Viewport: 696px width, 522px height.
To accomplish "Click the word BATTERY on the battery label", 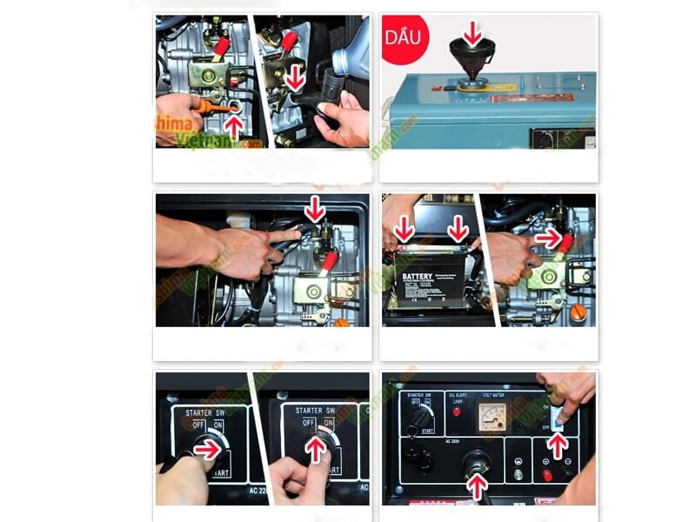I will [418, 278].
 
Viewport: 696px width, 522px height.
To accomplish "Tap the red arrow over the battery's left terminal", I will [405, 230].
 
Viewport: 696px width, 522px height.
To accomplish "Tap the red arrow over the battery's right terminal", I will [458, 230].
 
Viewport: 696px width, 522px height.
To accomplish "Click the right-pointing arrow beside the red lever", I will [548, 237].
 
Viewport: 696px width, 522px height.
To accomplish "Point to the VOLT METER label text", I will [495, 394].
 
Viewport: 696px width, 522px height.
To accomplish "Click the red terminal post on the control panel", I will [547, 474].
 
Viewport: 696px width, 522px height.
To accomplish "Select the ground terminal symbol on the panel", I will [519, 453].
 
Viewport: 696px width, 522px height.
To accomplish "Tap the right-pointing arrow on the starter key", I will [207, 450].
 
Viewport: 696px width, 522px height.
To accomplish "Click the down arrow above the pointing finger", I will [315, 210].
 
